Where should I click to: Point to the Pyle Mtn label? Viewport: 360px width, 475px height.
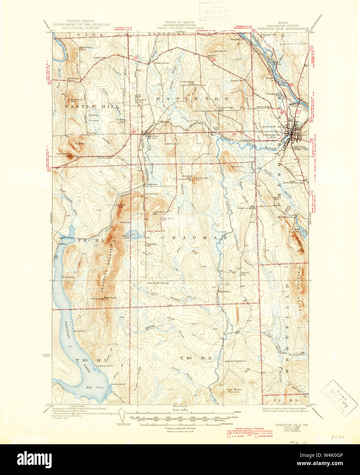tap(80, 144)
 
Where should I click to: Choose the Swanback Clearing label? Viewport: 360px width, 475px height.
tap(158, 283)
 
